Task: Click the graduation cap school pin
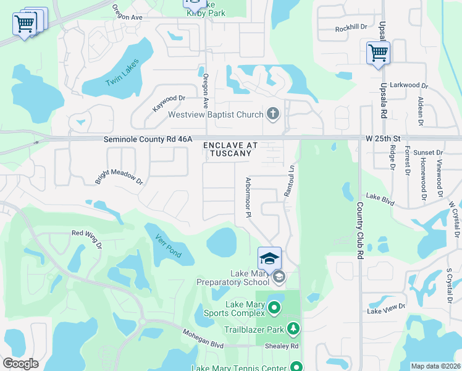[269, 258]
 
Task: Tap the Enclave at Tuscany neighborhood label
[230, 149]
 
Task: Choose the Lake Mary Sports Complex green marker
[274, 305]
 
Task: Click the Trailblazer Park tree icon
[295, 328]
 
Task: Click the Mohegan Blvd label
[202, 337]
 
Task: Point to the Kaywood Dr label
[169, 103]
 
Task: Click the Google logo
[20, 364]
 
